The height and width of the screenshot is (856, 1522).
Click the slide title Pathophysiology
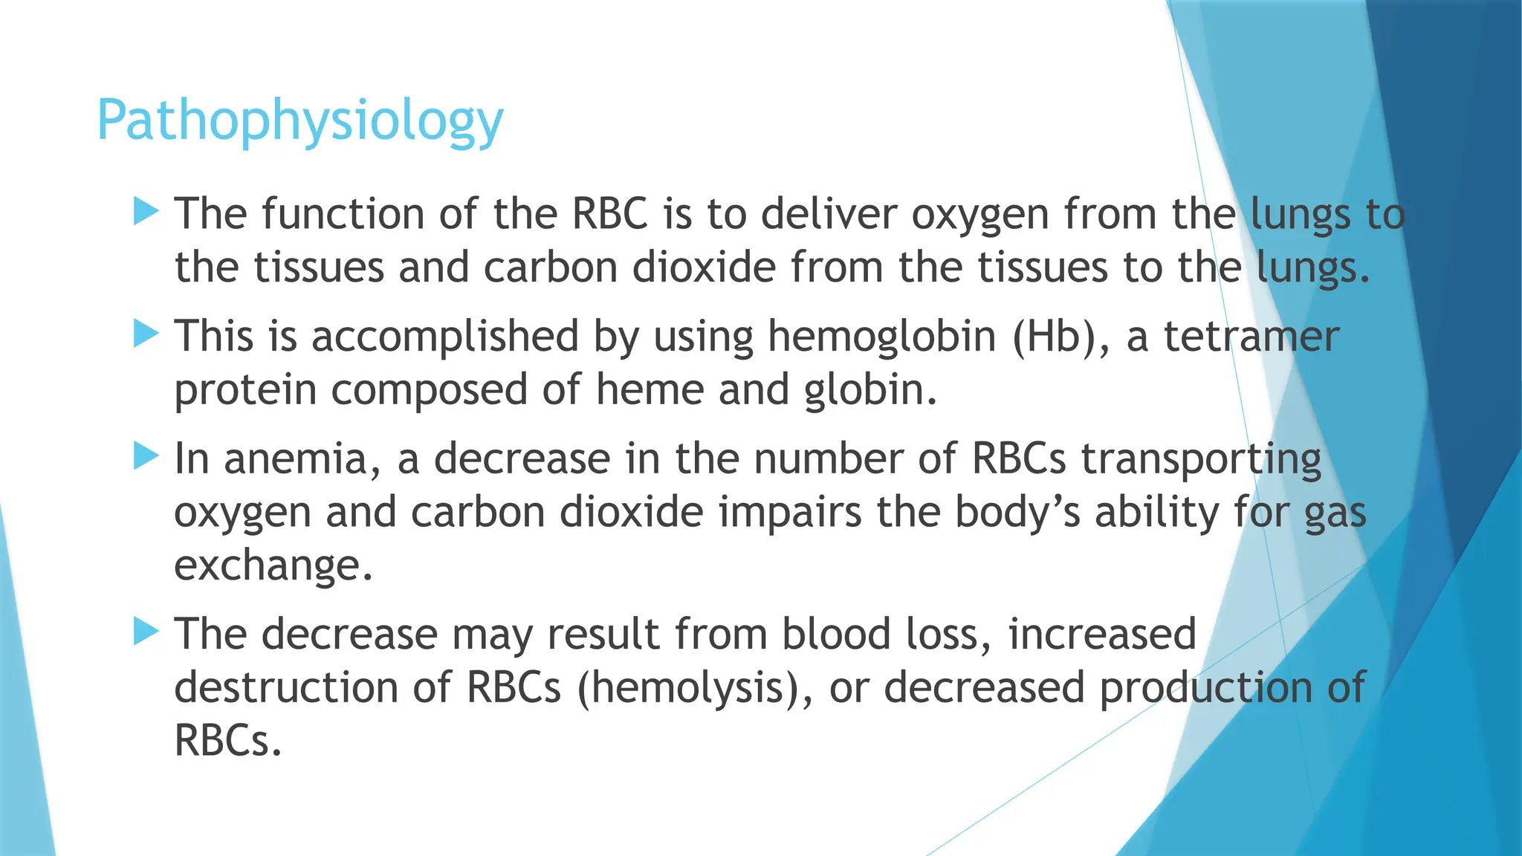(x=300, y=121)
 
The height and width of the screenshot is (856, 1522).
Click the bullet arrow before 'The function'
(x=146, y=212)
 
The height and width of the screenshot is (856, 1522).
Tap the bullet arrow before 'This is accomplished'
(x=146, y=334)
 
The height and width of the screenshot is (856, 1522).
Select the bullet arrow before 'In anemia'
(x=146, y=456)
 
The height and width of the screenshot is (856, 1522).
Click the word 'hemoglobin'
(x=881, y=336)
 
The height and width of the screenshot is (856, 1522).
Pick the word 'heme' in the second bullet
(x=650, y=390)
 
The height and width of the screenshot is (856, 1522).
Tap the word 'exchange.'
(x=273, y=565)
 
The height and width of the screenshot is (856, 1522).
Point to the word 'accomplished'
(x=444, y=337)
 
